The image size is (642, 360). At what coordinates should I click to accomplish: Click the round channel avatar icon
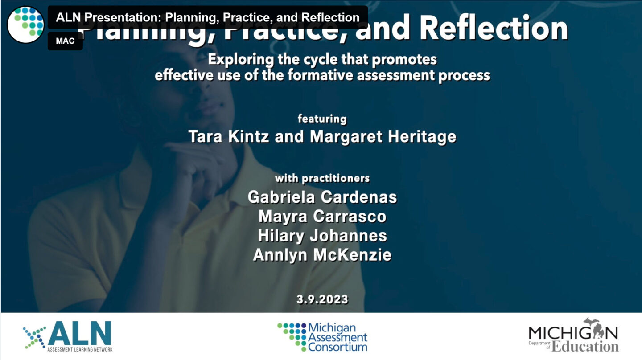[25, 25]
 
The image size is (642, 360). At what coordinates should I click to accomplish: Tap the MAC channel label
[65, 41]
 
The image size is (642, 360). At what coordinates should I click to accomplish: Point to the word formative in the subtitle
[320, 75]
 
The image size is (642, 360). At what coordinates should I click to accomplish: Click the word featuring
[322, 119]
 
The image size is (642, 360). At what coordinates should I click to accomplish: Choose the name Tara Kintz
[229, 136]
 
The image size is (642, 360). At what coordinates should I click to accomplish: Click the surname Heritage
[422, 136]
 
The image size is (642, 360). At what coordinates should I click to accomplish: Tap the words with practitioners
[322, 178]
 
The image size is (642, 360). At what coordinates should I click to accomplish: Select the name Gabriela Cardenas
[322, 197]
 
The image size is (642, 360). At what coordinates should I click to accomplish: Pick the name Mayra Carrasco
[322, 216]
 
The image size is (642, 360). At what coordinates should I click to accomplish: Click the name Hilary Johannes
[322, 235]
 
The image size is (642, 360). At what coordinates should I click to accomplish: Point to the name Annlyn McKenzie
[322, 254]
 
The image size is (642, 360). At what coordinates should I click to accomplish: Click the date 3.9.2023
[322, 299]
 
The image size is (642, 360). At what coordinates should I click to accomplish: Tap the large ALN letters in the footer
[80, 333]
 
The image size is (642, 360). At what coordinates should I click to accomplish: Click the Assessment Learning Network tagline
[80, 349]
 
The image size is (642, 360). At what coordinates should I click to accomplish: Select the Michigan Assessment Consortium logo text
[337, 337]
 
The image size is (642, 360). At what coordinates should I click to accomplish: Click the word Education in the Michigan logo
[585, 347]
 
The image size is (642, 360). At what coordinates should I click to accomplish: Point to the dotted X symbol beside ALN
[34, 338]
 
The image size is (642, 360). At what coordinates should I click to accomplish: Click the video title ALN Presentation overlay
[208, 17]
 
